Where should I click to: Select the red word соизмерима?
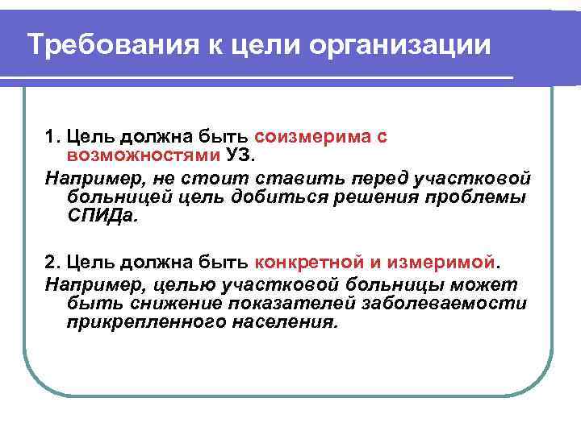[x=302, y=137]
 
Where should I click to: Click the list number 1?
[x=51, y=137]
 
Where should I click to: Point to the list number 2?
[x=51, y=262]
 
